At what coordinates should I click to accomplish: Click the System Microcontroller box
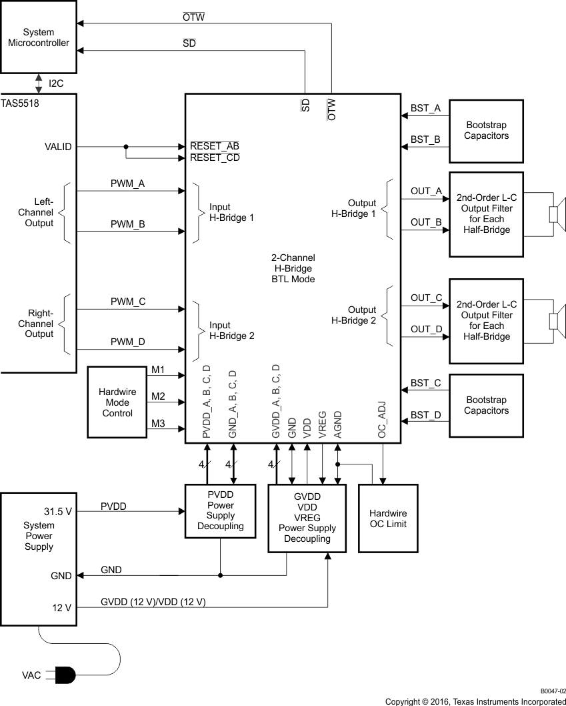click(x=39, y=37)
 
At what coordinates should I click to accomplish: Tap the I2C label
click(x=57, y=83)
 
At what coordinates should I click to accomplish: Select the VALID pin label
click(x=57, y=147)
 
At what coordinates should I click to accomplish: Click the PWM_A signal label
click(x=128, y=184)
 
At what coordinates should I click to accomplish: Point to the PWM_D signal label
click(x=128, y=342)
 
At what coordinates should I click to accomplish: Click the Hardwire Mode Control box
click(x=117, y=402)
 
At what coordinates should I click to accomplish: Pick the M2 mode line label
click(x=158, y=396)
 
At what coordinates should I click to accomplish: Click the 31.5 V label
click(x=57, y=511)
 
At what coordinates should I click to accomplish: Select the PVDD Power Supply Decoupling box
click(x=220, y=511)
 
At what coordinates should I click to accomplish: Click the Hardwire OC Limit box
click(x=388, y=518)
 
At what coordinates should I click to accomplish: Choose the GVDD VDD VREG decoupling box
click(x=307, y=518)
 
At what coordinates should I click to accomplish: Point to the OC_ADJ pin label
click(x=382, y=420)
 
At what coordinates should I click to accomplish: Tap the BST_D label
click(x=425, y=415)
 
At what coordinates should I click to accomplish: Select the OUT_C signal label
click(x=426, y=298)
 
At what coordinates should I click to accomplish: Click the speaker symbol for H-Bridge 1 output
click(x=556, y=214)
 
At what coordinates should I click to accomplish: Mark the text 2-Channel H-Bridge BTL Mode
click(x=293, y=268)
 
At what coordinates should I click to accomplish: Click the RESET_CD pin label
click(x=215, y=158)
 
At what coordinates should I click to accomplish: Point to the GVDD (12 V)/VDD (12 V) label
click(x=153, y=602)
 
